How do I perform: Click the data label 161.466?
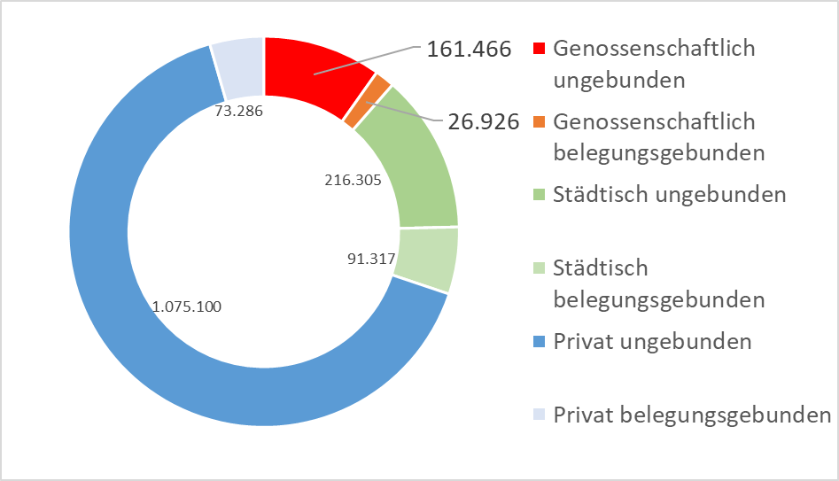469,50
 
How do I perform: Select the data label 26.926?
483,122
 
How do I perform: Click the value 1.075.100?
187,307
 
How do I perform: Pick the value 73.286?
239,112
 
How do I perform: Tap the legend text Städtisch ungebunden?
669,195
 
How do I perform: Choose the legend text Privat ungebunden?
652,342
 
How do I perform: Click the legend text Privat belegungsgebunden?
692,415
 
